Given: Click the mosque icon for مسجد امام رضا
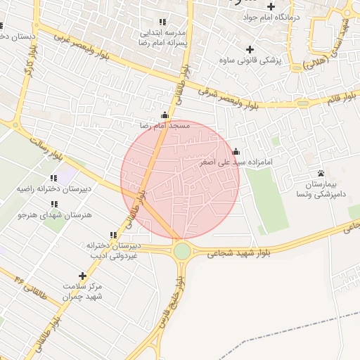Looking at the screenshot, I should pos(165,115).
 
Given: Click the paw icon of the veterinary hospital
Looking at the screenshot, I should pos(321,173).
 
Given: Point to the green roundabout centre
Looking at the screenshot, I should pos(183,250).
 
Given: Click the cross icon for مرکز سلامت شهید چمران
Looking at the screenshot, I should pos(83,276).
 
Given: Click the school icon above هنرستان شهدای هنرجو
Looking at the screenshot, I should pos(54,205).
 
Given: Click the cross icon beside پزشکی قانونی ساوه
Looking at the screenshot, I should pos(249,49).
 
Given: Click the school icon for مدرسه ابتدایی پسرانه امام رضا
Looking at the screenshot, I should pos(163,22).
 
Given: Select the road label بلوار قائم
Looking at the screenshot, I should pos(341,100).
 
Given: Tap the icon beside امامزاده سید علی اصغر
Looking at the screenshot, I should pos(236,151).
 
